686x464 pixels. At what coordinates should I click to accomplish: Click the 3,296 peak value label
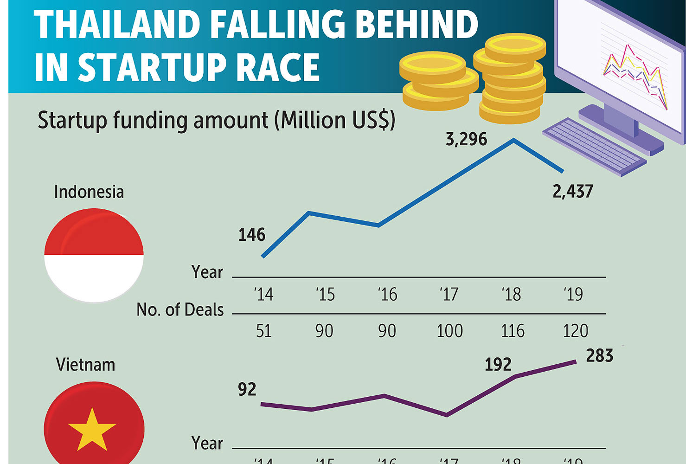(x=466, y=139)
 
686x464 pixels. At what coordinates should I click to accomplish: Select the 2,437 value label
(x=573, y=191)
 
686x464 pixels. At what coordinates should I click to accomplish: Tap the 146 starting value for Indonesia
(x=252, y=235)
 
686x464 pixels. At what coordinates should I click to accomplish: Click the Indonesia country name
(x=89, y=192)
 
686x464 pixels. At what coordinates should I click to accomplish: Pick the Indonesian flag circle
(x=94, y=255)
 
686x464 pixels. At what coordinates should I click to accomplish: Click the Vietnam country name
(x=85, y=365)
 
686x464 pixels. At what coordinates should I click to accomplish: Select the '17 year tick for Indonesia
(x=449, y=294)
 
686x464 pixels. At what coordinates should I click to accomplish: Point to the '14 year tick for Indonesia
(x=263, y=294)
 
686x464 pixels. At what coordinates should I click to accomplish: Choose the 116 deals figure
(x=513, y=331)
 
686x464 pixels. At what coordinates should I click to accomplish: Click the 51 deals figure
(x=263, y=331)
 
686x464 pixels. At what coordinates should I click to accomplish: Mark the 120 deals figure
(x=575, y=331)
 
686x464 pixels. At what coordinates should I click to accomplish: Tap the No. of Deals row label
(x=180, y=309)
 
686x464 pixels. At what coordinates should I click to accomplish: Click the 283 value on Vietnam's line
(x=600, y=356)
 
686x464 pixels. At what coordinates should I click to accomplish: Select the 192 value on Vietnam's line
(x=498, y=365)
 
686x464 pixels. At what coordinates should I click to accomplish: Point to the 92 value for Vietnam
(x=247, y=389)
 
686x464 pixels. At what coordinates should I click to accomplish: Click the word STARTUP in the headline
(x=154, y=67)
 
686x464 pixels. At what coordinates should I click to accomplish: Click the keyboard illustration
(x=594, y=146)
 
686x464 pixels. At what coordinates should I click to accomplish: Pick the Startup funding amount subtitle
(x=216, y=120)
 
